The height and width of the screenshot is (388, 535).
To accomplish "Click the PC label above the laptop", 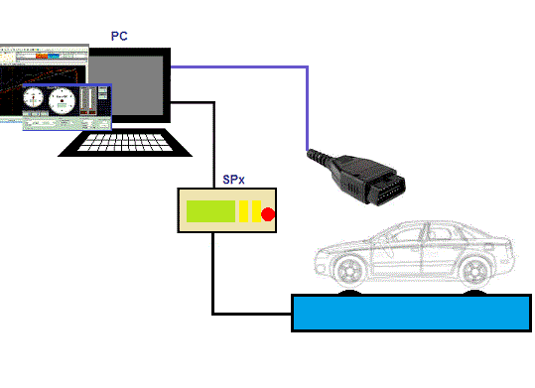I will pos(119,37).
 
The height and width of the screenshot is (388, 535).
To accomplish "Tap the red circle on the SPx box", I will pos(268,214).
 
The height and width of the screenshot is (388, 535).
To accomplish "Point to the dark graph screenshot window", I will pos(40,65).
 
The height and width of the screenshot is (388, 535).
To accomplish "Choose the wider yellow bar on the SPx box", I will pos(244,210).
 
